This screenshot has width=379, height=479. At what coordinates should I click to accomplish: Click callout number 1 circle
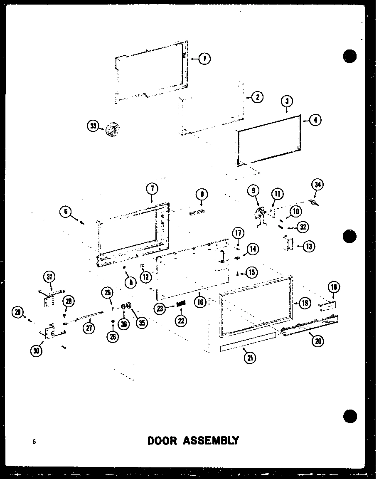coord(204,59)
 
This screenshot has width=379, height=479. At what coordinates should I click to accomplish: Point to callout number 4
coord(316,120)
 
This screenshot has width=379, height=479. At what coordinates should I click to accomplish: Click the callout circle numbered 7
coord(152,189)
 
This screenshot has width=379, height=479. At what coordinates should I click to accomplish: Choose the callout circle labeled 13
coord(308,246)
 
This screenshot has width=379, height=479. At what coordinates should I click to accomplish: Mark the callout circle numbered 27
coord(89,328)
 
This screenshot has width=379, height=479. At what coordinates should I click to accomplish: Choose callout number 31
coord(50,277)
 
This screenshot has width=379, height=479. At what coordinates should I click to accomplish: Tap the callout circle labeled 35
coord(143,323)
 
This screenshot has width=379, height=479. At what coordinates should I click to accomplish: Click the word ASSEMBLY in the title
coord(212,440)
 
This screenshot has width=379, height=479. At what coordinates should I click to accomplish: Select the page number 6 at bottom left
coord(34,442)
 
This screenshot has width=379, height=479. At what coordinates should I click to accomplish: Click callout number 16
coord(200,302)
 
